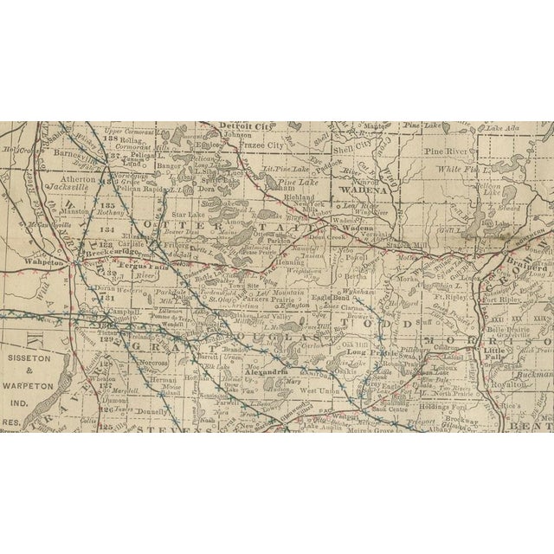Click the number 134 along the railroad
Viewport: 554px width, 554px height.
click(106, 231)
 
